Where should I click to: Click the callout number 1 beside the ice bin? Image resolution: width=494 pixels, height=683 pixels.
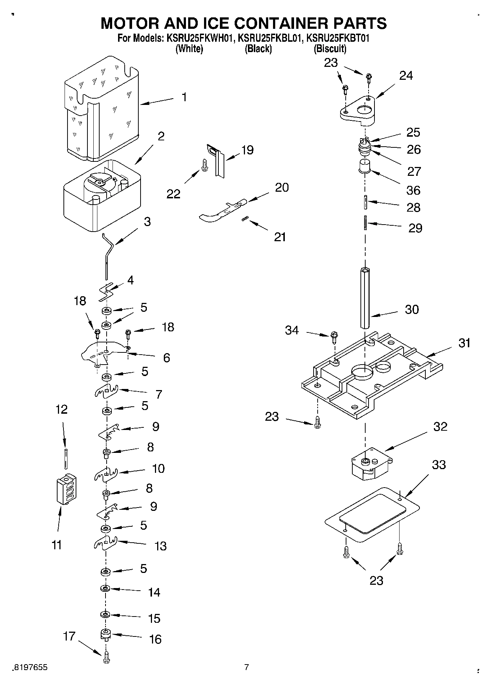click(x=184, y=98)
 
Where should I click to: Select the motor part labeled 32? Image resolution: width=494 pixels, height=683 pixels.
click(x=370, y=464)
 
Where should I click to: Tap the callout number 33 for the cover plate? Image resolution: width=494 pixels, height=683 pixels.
click(x=439, y=465)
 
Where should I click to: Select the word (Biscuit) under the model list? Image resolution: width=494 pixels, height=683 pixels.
click(x=330, y=49)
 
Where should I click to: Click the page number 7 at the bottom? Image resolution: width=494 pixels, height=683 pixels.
click(x=246, y=667)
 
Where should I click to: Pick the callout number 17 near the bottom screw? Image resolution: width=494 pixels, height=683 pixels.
click(x=69, y=636)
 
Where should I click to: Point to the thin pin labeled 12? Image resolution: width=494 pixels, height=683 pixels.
click(x=66, y=458)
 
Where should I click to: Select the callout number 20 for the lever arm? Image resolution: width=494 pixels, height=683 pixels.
click(x=282, y=187)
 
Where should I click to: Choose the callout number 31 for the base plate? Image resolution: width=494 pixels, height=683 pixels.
click(x=464, y=343)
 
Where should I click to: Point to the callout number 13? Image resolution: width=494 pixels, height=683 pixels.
click(x=160, y=546)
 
